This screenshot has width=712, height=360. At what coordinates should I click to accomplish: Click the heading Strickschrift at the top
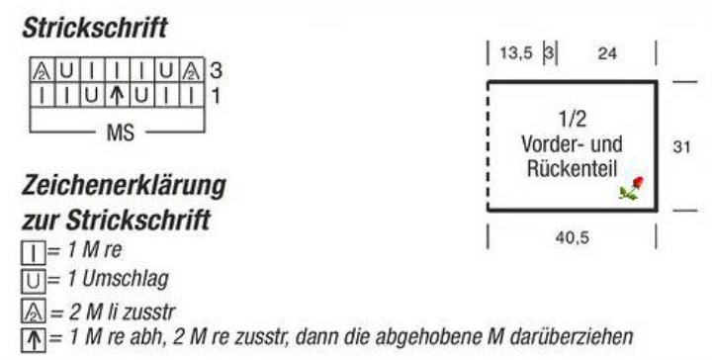95,28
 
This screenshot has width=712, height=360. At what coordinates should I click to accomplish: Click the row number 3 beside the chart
217,71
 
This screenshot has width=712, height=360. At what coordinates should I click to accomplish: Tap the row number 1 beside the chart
216,96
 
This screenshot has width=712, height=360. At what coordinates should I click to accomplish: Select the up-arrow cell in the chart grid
117,95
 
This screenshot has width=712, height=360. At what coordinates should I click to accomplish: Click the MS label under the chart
121,133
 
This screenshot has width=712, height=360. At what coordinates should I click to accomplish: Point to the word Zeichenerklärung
124,186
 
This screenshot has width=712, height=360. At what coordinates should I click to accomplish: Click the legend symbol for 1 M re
34,253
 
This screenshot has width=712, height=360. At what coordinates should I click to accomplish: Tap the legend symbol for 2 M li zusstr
34,312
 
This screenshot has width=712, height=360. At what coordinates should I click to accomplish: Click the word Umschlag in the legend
126,280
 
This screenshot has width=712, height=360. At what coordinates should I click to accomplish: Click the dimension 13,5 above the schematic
516,53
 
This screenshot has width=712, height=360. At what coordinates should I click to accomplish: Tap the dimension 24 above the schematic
607,53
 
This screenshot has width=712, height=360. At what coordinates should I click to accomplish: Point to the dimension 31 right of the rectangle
681,147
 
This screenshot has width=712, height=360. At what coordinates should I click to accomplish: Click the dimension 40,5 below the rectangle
572,237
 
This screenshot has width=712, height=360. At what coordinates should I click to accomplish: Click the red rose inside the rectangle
632,188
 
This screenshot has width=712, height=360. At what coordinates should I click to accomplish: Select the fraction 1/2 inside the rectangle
573,119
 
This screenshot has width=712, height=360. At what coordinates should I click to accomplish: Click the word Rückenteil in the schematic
572,169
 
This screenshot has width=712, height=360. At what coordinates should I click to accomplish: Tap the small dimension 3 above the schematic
550,53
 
